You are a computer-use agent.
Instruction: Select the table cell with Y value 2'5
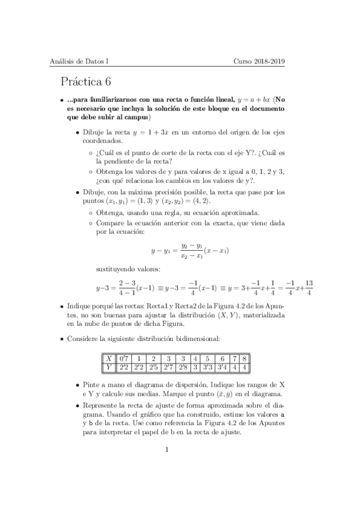tap(154, 366)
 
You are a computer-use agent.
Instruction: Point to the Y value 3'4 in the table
tap(222, 366)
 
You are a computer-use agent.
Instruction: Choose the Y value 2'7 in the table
tap(169, 366)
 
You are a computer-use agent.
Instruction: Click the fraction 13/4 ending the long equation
tap(308, 287)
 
